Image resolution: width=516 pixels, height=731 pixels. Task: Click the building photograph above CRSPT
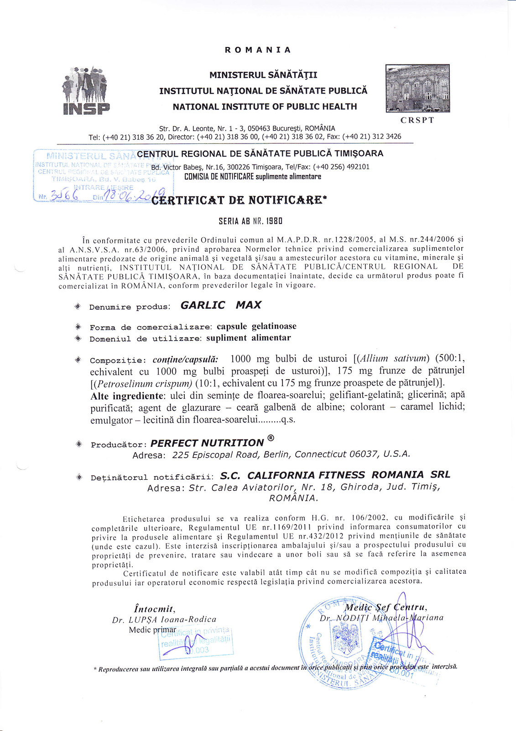[x=417, y=88]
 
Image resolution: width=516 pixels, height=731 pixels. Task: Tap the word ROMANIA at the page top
[x=258, y=50]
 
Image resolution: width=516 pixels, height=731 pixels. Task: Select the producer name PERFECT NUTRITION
[x=207, y=443]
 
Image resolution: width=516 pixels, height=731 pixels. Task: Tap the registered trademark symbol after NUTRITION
[x=271, y=439]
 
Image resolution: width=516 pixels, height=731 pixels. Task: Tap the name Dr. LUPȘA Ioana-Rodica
[x=164, y=620]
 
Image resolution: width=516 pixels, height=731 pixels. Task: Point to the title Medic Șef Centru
[x=386, y=607]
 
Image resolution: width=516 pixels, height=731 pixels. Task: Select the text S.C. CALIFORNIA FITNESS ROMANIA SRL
[x=335, y=475]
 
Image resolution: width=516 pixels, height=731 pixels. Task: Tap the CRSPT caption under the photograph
[x=417, y=120]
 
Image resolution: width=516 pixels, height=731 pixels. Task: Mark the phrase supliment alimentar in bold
[x=248, y=338]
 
